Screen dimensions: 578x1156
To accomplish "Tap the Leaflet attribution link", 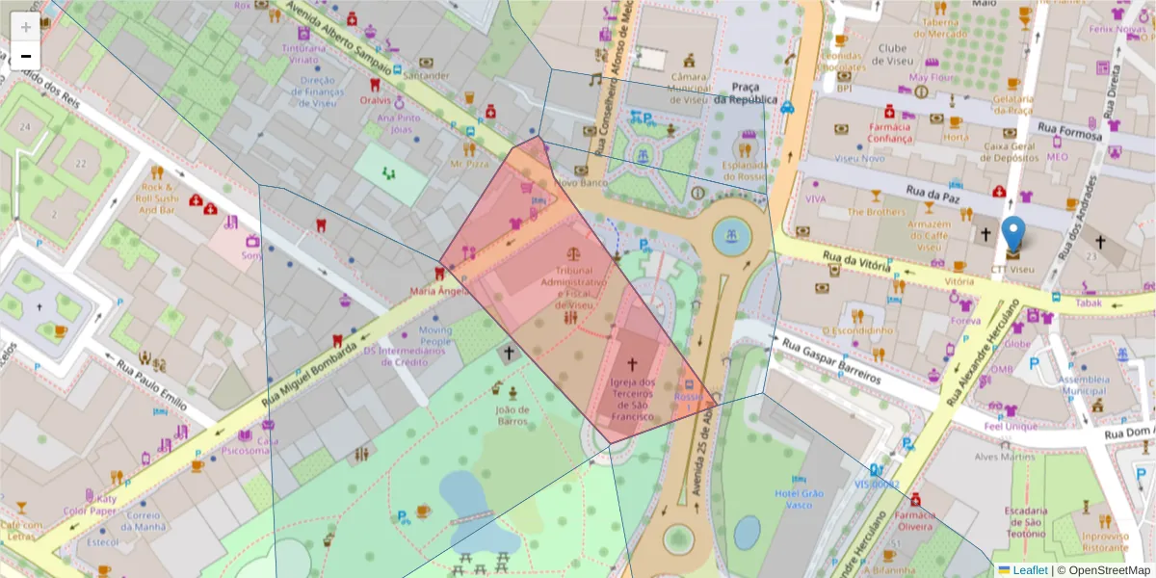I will [1029, 570].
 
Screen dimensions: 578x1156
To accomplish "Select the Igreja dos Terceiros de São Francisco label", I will [633, 399].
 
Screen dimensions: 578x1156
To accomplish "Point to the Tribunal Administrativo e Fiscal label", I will [574, 287].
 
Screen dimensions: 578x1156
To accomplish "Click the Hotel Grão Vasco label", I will [800, 498].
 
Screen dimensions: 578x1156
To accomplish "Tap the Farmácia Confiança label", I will [889, 132].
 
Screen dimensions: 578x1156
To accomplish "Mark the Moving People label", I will [434, 335].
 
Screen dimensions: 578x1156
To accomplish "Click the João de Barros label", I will [512, 414].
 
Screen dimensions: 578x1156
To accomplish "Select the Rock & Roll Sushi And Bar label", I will [159, 197].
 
